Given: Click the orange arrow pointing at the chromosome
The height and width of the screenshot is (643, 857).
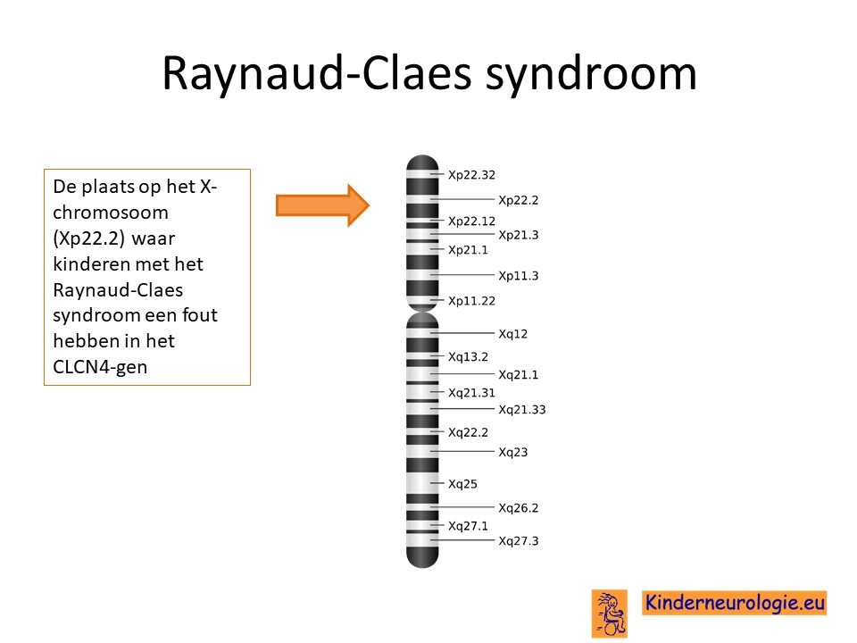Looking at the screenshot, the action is [x=322, y=205].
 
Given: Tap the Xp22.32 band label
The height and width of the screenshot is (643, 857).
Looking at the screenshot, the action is [x=471, y=175].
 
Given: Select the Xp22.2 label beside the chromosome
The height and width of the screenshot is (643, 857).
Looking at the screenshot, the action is [x=518, y=200].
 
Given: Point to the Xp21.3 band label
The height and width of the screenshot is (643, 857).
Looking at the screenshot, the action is [x=518, y=235].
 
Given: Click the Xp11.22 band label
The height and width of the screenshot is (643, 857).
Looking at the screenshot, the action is [x=471, y=301].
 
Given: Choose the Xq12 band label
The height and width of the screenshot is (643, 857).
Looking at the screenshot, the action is [x=513, y=333].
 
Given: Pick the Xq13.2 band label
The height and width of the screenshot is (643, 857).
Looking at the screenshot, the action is [x=468, y=356].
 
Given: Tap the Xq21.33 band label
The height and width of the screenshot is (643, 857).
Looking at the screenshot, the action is [x=522, y=410].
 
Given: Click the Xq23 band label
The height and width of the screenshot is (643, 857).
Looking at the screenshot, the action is [x=513, y=452].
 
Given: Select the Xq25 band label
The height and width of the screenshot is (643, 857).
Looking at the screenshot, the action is [x=462, y=484].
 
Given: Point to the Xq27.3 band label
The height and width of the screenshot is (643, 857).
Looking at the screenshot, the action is [x=518, y=541].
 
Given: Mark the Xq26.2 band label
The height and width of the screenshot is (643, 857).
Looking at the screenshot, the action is [x=518, y=508].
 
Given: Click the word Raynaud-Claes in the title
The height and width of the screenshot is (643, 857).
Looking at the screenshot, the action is [x=317, y=74].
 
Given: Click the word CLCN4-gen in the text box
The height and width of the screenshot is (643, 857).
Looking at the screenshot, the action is [x=100, y=366].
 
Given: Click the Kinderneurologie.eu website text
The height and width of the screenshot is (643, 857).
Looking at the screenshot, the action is [x=734, y=603].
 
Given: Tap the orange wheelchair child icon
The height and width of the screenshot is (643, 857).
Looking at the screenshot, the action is [x=610, y=614].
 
